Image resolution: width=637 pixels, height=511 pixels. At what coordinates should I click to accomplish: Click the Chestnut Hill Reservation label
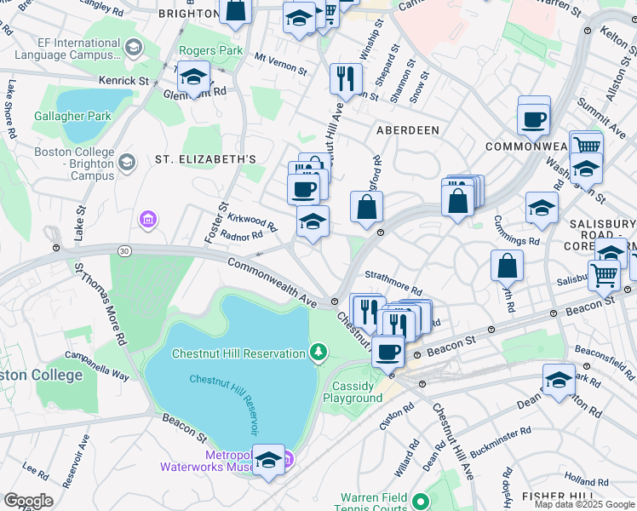click(238, 353)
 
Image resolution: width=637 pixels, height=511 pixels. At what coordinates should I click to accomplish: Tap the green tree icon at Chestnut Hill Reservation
click(318, 352)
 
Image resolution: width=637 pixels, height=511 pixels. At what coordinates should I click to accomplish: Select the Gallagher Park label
click(72, 116)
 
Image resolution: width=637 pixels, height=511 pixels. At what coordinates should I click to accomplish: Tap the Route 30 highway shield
click(125, 250)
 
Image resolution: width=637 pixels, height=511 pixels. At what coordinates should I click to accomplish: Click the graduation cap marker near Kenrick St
click(193, 79)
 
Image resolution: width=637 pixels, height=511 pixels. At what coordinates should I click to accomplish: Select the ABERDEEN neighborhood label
click(408, 130)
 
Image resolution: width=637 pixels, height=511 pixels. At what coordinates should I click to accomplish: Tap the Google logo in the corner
click(28, 501)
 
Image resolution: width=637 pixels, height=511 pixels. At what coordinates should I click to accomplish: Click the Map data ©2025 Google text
click(584, 504)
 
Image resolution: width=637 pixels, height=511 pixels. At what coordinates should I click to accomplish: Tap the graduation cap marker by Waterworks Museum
click(269, 461)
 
